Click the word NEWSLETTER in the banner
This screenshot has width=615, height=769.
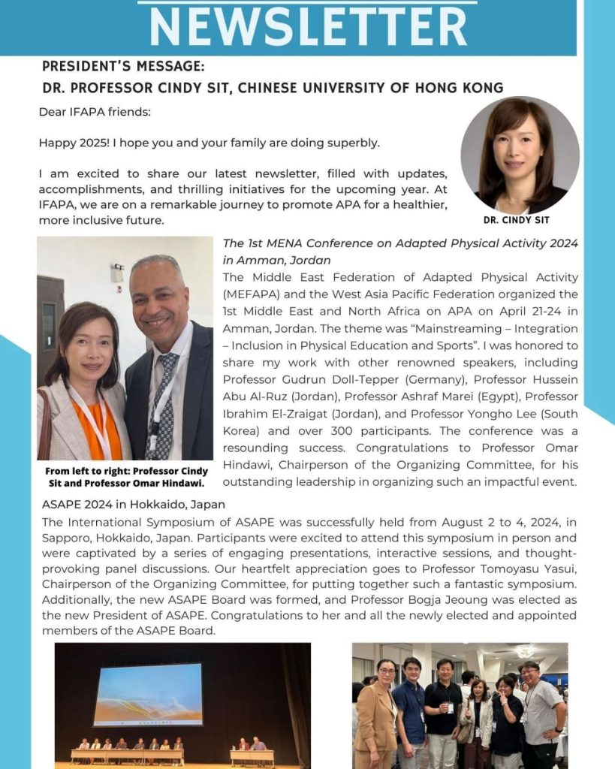308,26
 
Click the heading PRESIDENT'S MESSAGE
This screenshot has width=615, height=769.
123,66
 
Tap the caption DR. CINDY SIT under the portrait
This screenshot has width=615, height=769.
520,220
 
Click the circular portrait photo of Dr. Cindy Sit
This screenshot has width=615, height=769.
520,155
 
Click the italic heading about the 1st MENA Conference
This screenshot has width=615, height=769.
400,252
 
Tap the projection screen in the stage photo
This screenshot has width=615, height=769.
148,694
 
